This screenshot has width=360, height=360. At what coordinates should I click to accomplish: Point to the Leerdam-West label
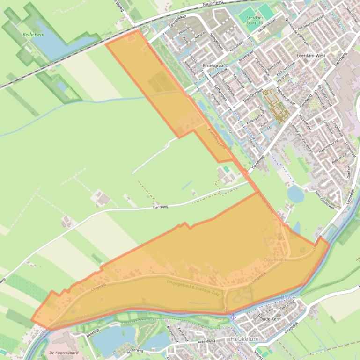pos(311,55)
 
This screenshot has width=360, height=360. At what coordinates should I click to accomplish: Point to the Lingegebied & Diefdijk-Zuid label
pos(193,286)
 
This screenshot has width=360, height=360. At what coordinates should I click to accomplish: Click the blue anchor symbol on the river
pos(233,317)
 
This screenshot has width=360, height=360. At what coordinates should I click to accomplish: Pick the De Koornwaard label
pos(63,353)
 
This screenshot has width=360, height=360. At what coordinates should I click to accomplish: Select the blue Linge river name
pos(286,296)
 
